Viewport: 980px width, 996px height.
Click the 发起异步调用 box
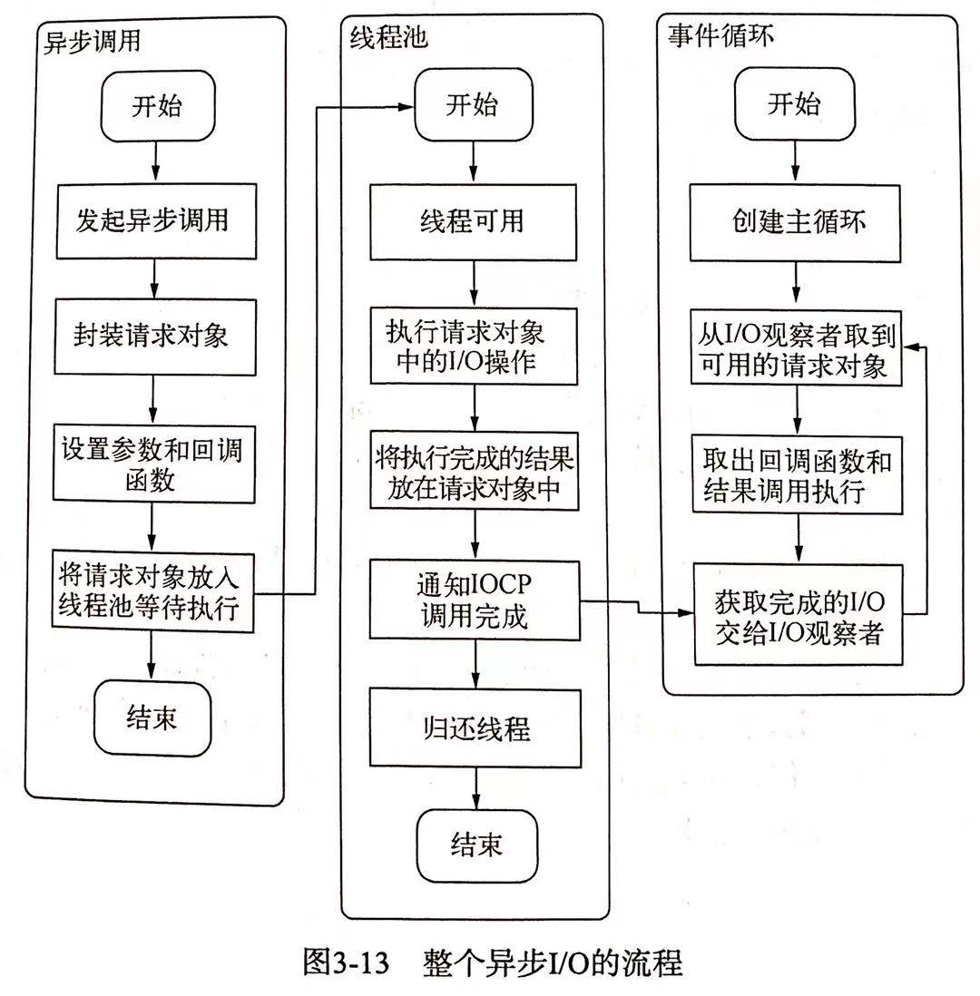click(156, 221)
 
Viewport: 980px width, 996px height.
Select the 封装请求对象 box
click(155, 337)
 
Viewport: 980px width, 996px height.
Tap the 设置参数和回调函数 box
click(153, 464)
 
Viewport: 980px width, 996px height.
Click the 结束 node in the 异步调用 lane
click(152, 718)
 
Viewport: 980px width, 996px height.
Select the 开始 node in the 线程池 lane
click(474, 105)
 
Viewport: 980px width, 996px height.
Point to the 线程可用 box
click(474, 222)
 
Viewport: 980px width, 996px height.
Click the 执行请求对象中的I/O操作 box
click(474, 347)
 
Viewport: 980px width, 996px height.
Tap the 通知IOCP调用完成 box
click(475, 601)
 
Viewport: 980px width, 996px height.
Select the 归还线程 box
click(475, 728)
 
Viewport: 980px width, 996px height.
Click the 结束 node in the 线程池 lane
click(477, 845)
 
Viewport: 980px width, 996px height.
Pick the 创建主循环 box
click(795, 223)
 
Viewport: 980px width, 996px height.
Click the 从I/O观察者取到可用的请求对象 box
click(797, 347)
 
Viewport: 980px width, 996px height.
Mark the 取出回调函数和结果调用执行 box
click(797, 474)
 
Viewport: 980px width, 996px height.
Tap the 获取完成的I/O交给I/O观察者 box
click(799, 615)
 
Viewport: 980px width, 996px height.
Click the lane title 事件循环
click(720, 35)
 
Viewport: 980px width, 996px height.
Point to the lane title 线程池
click(388, 38)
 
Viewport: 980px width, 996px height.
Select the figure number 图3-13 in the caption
click(347, 962)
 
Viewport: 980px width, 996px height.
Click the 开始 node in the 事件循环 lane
click(794, 104)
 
